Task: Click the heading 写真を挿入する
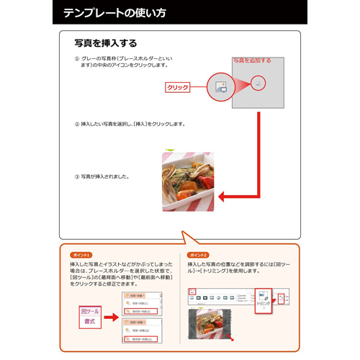106,43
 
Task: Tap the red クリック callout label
177,87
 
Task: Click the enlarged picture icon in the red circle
220,86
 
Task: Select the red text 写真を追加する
252,60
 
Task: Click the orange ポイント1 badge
81,256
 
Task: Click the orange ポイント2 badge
197,256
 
